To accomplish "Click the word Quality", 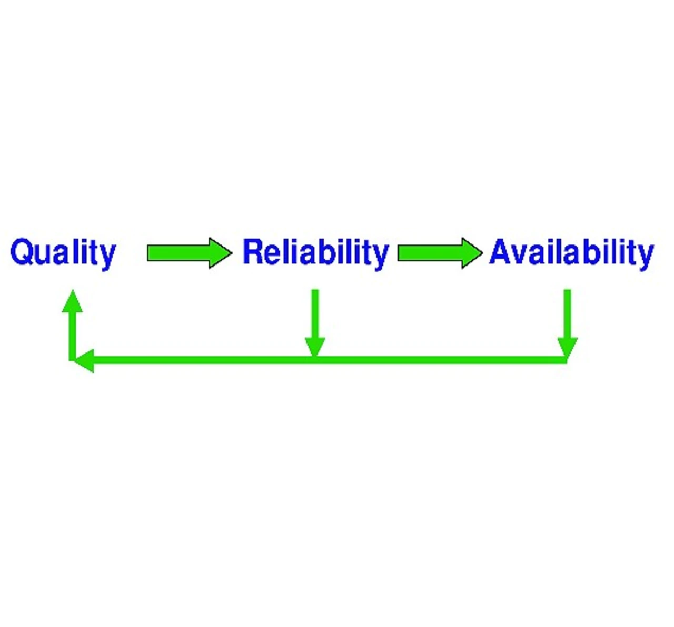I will pyautogui.click(x=63, y=252).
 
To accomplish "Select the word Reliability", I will pyautogui.click(x=315, y=252).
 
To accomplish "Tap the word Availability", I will pyautogui.click(x=571, y=252).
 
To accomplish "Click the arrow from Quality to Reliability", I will pyautogui.click(x=189, y=253).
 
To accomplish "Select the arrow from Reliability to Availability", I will pyautogui.click(x=439, y=253).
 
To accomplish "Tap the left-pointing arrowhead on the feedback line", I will pyautogui.click(x=84, y=360).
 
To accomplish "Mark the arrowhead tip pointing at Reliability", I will pyautogui.click(x=231, y=253).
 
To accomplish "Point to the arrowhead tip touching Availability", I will pyautogui.click(x=481, y=253).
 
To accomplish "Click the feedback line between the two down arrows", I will pyautogui.click(x=440, y=360).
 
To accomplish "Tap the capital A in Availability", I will pyautogui.click(x=502, y=251).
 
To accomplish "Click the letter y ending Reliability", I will pyautogui.click(x=381, y=257).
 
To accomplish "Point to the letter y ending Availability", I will pyautogui.click(x=645, y=257).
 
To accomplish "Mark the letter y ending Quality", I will pyautogui.click(x=107, y=257).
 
